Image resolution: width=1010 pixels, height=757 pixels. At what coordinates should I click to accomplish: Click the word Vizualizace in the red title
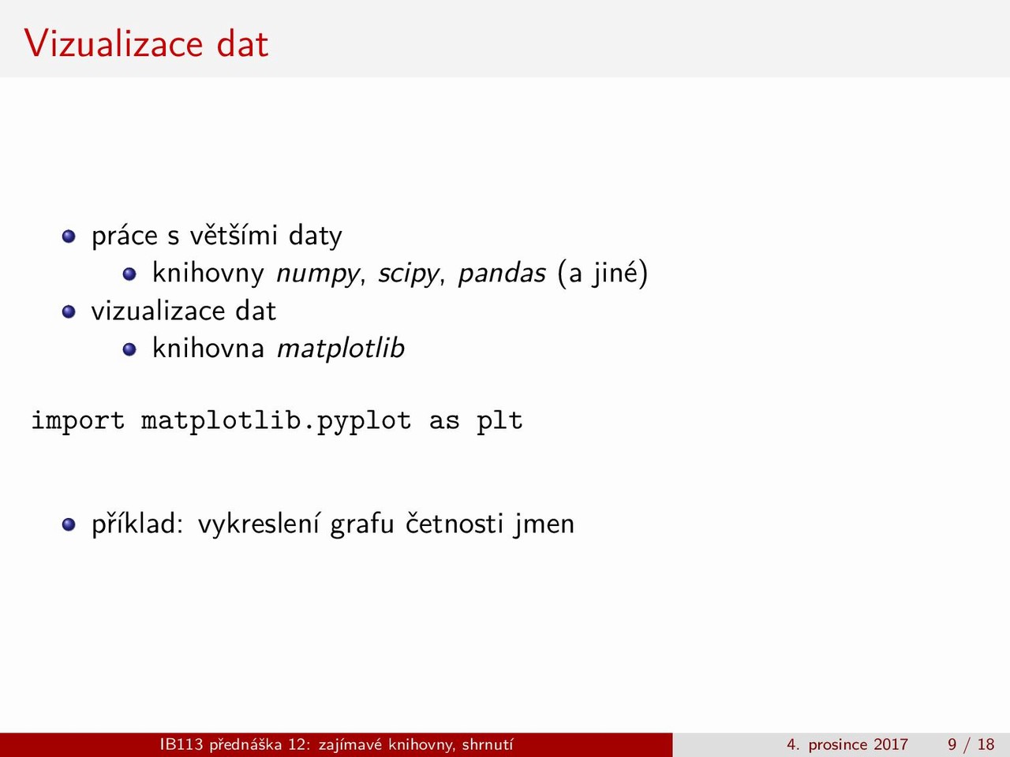(x=114, y=43)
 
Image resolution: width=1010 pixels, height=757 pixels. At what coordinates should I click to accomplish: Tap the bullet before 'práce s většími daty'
(x=69, y=237)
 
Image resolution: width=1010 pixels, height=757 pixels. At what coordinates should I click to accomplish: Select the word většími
(x=234, y=235)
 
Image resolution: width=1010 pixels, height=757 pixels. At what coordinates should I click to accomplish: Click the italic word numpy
(x=317, y=274)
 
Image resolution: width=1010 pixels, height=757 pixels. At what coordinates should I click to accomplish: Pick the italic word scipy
(x=408, y=274)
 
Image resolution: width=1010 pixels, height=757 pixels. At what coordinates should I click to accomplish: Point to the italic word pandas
(x=502, y=273)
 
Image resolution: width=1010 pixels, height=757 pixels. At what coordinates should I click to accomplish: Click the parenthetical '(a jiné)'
(x=602, y=273)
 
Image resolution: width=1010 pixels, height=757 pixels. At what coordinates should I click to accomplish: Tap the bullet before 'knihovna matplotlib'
(x=129, y=349)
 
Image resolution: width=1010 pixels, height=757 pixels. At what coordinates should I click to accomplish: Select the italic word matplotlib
(x=341, y=348)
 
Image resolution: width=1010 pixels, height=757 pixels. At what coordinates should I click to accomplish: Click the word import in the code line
(x=78, y=421)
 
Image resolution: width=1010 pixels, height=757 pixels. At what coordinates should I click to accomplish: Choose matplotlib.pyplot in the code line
(x=276, y=421)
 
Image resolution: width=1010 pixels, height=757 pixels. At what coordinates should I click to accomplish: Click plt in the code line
(x=499, y=421)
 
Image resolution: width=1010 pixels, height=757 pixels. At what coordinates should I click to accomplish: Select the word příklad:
(x=137, y=524)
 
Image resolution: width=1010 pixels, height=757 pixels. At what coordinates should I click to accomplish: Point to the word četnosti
(x=454, y=523)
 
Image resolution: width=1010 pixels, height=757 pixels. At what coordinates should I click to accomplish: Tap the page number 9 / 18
(x=971, y=744)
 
